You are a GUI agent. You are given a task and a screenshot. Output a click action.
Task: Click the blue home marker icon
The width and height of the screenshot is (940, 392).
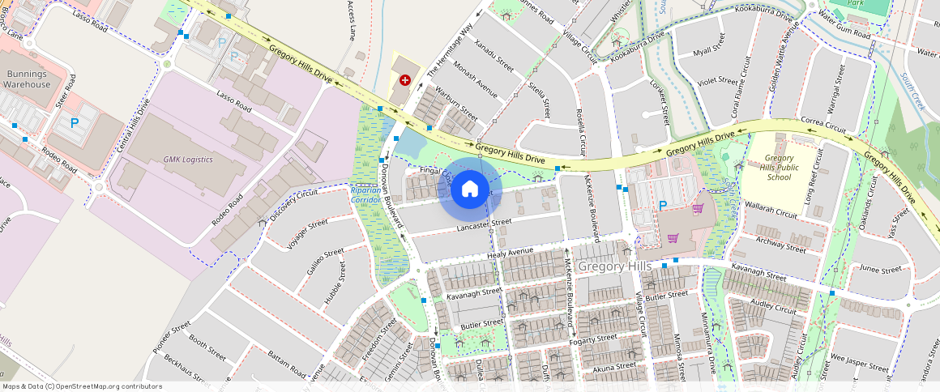click(469, 190)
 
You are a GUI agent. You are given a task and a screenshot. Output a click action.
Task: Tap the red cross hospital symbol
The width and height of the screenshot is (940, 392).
click(404, 80)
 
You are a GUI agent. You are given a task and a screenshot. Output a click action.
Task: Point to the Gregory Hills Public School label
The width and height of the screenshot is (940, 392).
click(779, 168)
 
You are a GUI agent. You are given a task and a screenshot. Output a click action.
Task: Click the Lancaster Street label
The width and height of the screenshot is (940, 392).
click(484, 226)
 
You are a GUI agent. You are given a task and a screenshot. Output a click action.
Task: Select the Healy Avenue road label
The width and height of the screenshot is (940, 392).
click(511, 253)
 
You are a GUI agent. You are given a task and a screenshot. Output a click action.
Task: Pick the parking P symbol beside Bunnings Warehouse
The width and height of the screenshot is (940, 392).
click(75, 123)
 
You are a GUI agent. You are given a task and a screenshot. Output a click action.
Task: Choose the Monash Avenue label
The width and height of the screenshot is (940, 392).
click(476, 78)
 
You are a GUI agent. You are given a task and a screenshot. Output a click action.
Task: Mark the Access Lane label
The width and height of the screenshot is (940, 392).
click(351, 20)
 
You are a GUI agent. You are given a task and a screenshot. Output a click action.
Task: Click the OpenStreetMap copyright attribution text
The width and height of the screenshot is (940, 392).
click(82, 386)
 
